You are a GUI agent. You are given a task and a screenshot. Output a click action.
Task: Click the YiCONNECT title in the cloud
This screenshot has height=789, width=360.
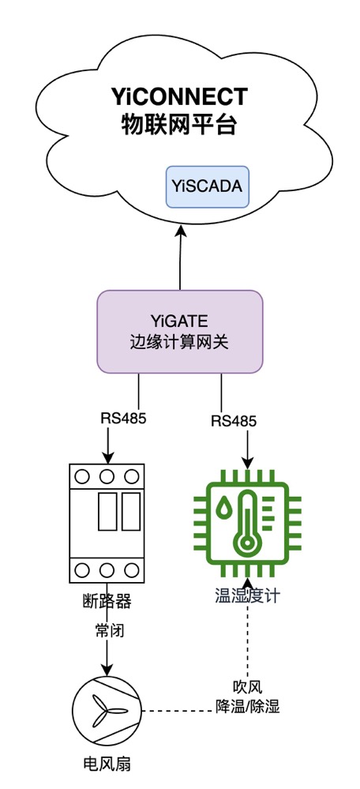(x=180, y=96)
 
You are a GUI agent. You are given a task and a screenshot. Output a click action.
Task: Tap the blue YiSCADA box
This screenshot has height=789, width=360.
(x=207, y=186)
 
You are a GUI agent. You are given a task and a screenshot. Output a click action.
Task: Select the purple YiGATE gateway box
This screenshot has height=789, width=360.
(x=180, y=331)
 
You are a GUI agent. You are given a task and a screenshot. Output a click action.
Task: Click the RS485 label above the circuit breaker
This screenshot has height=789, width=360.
(x=123, y=418)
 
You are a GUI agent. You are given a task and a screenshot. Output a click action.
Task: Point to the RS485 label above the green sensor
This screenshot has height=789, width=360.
(x=234, y=421)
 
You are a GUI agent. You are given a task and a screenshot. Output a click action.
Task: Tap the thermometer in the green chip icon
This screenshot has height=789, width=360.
(x=247, y=526)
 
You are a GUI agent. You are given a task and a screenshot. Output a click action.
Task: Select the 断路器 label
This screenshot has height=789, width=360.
(x=106, y=601)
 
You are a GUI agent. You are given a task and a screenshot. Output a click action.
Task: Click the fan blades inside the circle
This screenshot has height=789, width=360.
(x=107, y=711)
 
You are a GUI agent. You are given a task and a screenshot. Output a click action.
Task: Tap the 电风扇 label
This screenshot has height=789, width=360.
(x=107, y=764)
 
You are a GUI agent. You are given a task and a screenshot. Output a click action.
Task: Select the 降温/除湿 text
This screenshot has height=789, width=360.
(x=247, y=706)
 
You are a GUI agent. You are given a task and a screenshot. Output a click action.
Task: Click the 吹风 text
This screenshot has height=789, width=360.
(x=247, y=686)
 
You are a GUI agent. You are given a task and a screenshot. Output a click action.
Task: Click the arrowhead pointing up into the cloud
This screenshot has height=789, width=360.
(x=181, y=231)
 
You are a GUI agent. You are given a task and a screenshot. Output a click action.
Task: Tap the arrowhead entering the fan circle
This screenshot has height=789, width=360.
(x=107, y=669)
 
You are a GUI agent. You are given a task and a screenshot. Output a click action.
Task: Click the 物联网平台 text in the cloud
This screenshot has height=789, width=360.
(x=179, y=124)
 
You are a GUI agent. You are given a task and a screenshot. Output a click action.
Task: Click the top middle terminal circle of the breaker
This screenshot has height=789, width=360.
(x=107, y=476)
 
